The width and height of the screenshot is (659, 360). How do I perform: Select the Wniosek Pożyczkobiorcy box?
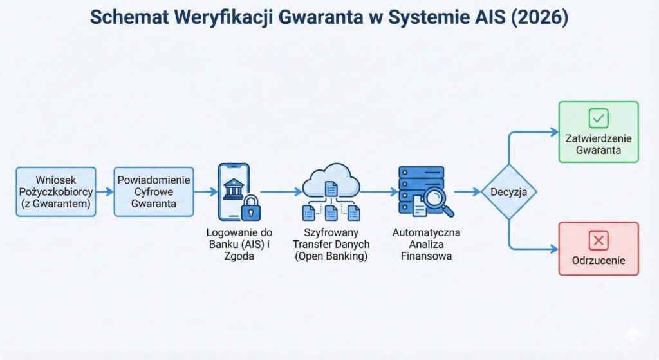coord(55,191)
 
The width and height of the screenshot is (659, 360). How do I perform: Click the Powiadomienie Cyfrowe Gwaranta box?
coord(153,191)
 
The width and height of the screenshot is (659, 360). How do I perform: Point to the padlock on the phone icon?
coord(249,208)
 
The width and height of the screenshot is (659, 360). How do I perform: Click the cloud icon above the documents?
coord(330,178)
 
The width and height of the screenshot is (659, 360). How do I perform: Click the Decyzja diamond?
coord(508,191)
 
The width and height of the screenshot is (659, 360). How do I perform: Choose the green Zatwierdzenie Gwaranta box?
coord(599,131)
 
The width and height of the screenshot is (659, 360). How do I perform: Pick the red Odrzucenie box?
coord(599,249)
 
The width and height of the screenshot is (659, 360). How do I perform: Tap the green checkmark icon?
coord(599,118)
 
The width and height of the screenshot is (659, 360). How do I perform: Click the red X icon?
coord(599,240)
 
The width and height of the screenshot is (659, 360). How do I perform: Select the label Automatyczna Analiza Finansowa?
coord(426,244)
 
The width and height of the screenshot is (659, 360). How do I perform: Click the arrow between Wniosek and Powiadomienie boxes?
coord(105,191)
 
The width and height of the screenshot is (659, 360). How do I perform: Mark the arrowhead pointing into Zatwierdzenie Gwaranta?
coord(554,132)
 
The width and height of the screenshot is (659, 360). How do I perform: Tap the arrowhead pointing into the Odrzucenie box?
coord(554,249)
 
